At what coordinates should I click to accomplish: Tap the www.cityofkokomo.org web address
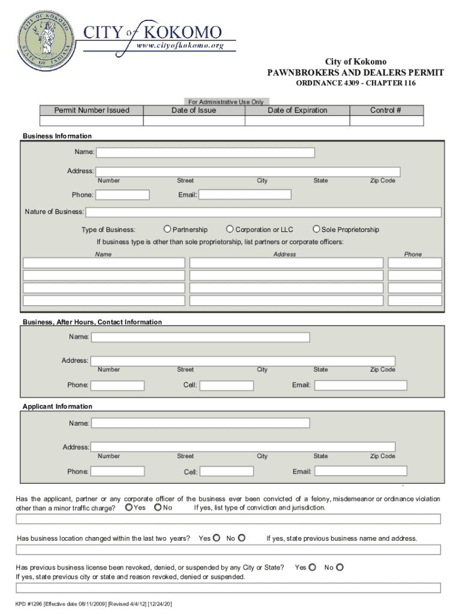pos(180,45)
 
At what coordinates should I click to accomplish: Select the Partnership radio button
pos(167,229)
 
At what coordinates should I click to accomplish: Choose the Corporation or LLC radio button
pos(230,229)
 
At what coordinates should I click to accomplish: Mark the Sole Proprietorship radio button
pos(316,229)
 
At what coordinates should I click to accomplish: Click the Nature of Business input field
pos(263,212)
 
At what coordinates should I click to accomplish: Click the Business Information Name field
pos(205,152)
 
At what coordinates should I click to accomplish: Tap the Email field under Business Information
pos(245,195)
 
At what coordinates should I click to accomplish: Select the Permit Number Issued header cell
pos(92,110)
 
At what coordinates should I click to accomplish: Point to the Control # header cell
pos(385,110)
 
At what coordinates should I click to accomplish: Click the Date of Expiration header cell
pos(298,110)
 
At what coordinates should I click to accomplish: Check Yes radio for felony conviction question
pos(129,508)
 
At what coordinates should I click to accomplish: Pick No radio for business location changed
pos(242,538)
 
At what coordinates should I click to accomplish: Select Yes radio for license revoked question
pos(313,567)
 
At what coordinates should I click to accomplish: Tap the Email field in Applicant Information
pos(359,471)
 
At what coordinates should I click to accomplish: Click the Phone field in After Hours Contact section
pos(118,385)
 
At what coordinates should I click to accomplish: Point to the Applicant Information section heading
pos(58,407)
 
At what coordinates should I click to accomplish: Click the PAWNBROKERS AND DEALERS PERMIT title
pos(355,73)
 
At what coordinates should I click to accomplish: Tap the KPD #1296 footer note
pos(94,604)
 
